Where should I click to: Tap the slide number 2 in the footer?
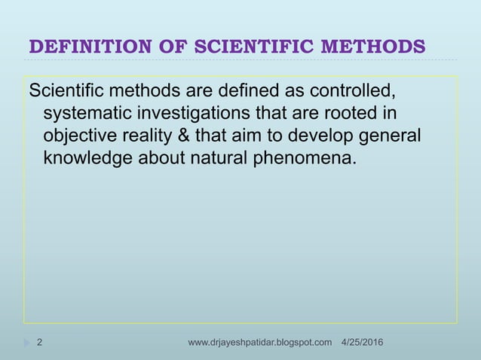39,343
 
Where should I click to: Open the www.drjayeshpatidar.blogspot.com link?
259,343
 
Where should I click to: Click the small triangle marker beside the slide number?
26,343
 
